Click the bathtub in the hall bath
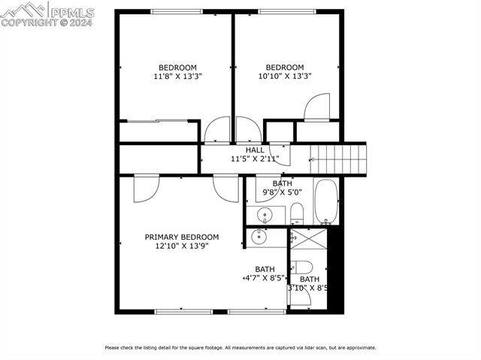point(326,201)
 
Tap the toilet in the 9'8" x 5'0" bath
point(297,213)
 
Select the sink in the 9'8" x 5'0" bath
point(264,216)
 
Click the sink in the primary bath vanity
point(259,237)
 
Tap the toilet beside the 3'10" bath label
point(303,266)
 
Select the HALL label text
point(255,150)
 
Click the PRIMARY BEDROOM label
point(182,237)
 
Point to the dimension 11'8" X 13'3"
point(177,76)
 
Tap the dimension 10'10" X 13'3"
point(285,76)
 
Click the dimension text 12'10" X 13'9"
point(182,246)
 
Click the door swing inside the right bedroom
point(316,107)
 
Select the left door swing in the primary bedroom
point(144,189)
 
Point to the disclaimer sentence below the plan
point(240,347)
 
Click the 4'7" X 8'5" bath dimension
point(264,277)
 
